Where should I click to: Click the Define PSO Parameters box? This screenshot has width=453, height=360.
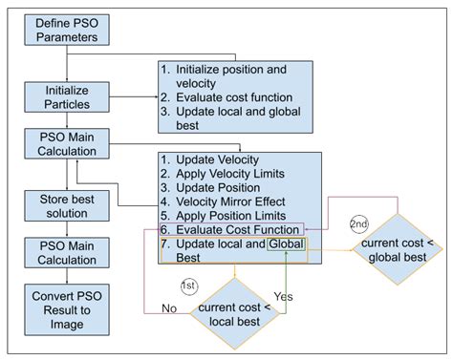(66, 30)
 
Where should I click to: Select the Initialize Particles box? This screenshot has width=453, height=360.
(66, 95)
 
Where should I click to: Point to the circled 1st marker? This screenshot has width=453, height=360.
(190, 286)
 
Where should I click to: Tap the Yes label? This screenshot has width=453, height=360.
(282, 296)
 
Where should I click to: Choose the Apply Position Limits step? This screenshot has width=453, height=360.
(229, 217)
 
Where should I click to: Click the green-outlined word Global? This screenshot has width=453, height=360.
(290, 246)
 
